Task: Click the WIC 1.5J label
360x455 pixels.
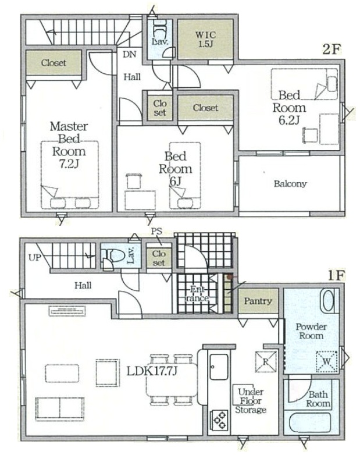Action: point(205,39)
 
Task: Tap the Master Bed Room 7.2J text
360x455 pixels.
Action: point(69,145)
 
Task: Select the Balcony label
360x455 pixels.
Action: point(290,184)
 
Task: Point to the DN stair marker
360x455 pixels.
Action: point(129,54)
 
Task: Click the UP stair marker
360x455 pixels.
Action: point(35,257)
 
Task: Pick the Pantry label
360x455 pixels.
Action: point(258,301)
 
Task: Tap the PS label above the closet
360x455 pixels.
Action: point(156,232)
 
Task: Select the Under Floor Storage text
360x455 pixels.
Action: point(251,401)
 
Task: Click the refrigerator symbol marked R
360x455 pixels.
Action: point(266,361)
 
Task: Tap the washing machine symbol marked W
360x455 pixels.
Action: point(327,361)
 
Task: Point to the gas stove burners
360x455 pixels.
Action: point(220,420)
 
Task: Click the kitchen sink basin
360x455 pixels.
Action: point(219,367)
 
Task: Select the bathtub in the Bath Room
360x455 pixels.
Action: point(311,423)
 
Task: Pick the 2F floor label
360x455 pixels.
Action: point(331,49)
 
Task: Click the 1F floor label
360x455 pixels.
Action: point(336,276)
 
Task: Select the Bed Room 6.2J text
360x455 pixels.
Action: point(289,108)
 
